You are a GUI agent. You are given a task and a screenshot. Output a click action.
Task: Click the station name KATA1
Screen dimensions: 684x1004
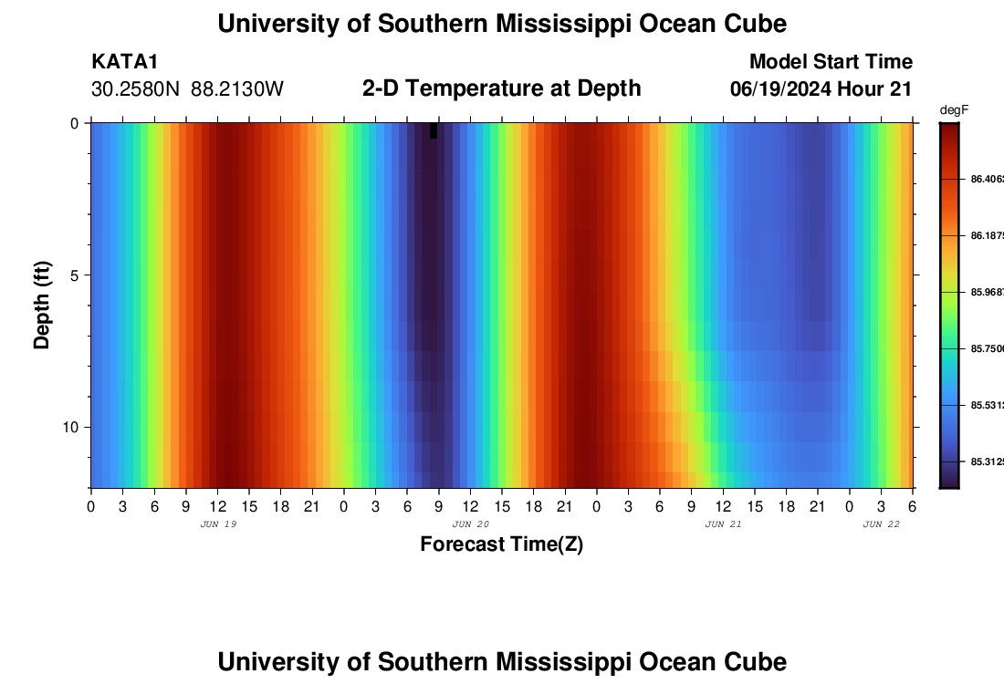coord(125,62)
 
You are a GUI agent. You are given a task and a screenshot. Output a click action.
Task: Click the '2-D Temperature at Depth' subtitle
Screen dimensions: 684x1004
coord(501,88)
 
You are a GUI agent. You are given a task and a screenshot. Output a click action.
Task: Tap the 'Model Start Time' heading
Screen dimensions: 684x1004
coord(831,62)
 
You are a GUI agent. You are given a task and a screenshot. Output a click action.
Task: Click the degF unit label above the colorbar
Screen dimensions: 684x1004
coord(954,110)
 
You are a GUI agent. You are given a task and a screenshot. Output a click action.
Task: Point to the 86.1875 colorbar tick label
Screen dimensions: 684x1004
coord(986,235)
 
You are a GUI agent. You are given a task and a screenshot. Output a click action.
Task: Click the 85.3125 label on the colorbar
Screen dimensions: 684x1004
coord(986,461)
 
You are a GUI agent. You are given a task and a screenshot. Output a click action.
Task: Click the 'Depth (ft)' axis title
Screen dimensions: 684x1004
coord(42,306)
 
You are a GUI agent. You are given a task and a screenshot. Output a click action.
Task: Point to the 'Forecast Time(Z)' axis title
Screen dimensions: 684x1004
coord(501,544)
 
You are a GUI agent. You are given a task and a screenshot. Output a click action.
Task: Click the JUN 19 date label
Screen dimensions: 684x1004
coord(218,524)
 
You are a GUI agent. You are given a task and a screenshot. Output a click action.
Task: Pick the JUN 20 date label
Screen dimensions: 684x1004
coord(471,524)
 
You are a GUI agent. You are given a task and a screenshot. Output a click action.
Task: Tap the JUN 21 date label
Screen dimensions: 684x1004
coord(724,524)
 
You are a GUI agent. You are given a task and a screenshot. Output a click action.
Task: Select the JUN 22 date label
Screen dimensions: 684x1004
coord(882,524)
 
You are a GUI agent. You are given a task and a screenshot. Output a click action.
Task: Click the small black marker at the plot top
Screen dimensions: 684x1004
coord(434,130)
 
